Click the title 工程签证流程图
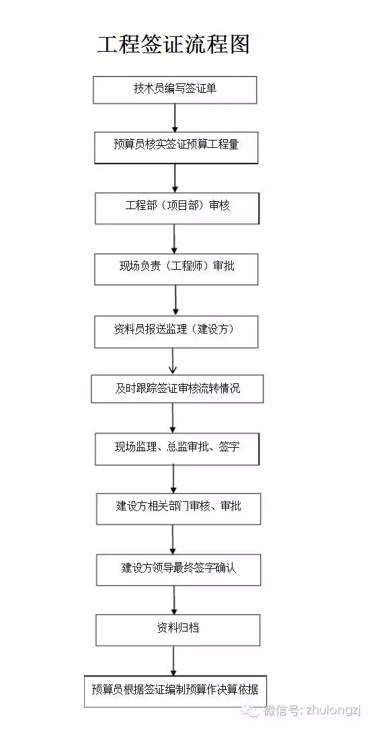173,44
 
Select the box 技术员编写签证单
175,89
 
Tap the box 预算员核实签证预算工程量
176,147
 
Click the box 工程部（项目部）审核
177,208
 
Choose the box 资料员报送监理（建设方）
176,332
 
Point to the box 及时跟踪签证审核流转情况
177,389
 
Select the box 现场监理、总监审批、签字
177,449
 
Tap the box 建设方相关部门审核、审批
177,508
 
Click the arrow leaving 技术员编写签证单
175,118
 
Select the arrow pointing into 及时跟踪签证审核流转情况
173,361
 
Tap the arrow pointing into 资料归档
175,600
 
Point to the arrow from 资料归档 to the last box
174,660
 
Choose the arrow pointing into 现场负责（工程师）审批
175,239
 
